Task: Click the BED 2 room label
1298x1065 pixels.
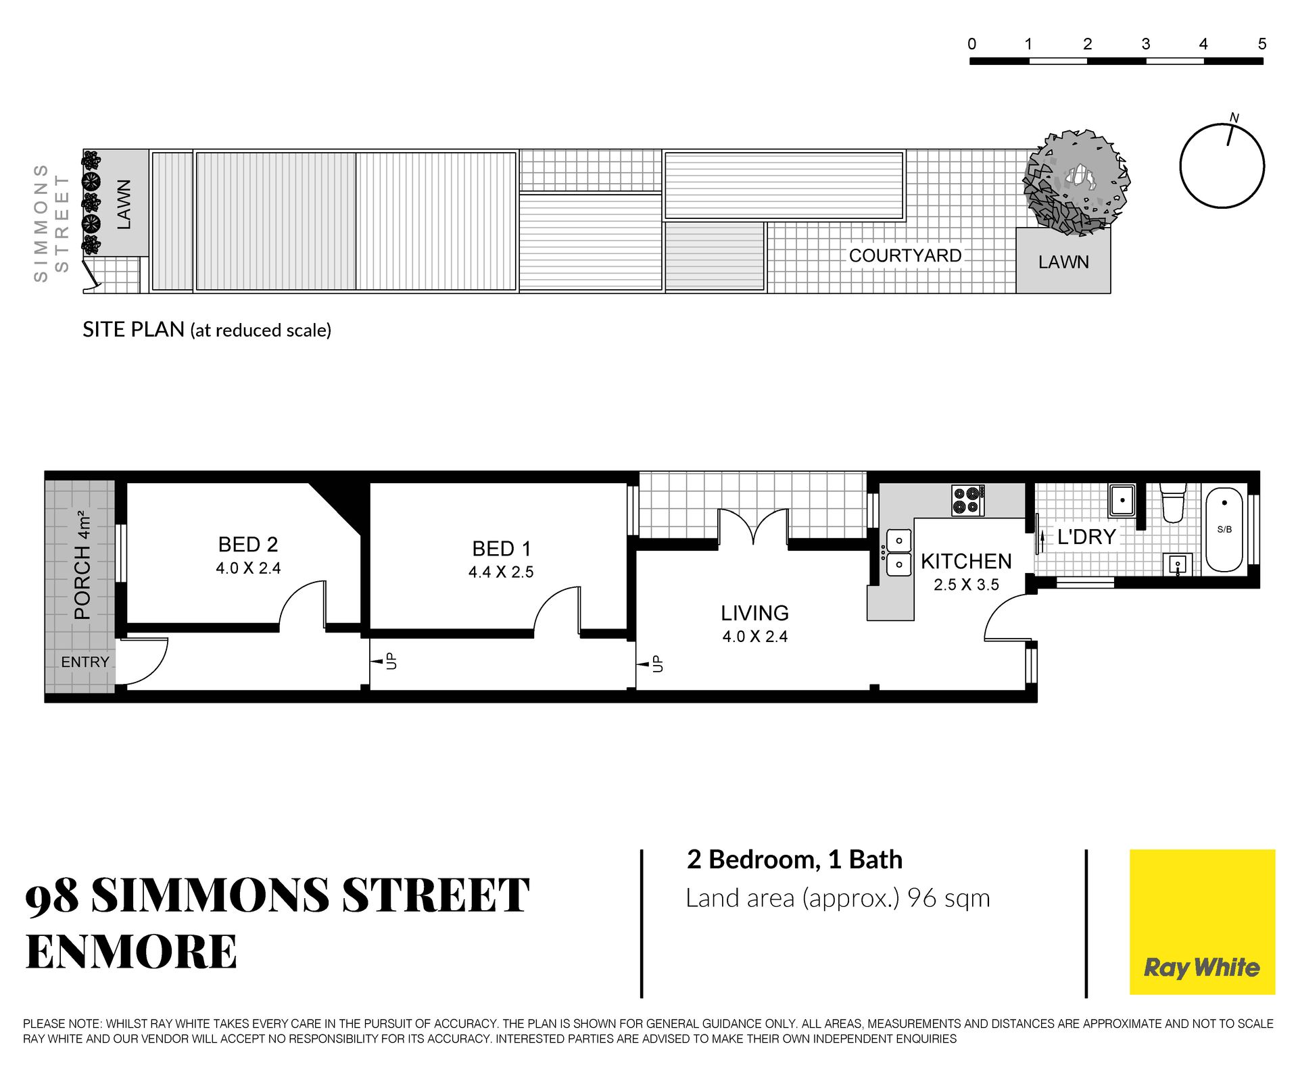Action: [x=248, y=545]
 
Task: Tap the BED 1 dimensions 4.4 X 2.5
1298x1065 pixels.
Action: [x=501, y=572]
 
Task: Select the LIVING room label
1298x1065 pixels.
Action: [x=754, y=613]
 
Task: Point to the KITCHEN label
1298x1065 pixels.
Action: [x=966, y=562]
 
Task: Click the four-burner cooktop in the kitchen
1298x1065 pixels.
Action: [x=968, y=501]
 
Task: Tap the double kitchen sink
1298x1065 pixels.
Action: [x=898, y=553]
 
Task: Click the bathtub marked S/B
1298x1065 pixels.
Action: [x=1224, y=530]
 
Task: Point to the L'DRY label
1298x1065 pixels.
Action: [x=1086, y=537]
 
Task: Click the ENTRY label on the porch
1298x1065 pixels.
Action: [x=85, y=662]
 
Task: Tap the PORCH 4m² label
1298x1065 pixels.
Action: [x=82, y=566]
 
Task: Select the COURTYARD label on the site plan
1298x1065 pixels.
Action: [x=905, y=256]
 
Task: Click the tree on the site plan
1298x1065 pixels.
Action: [x=1076, y=182]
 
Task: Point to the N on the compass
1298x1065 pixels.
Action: [x=1234, y=118]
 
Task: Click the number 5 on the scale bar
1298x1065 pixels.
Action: [x=1261, y=44]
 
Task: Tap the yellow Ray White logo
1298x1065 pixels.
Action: [x=1202, y=922]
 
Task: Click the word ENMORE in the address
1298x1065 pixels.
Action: [x=131, y=951]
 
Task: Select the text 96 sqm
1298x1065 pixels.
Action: [x=948, y=898]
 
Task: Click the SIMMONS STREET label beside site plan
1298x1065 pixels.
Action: [x=51, y=222]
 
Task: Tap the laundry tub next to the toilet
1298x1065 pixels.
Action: [x=1122, y=499]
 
